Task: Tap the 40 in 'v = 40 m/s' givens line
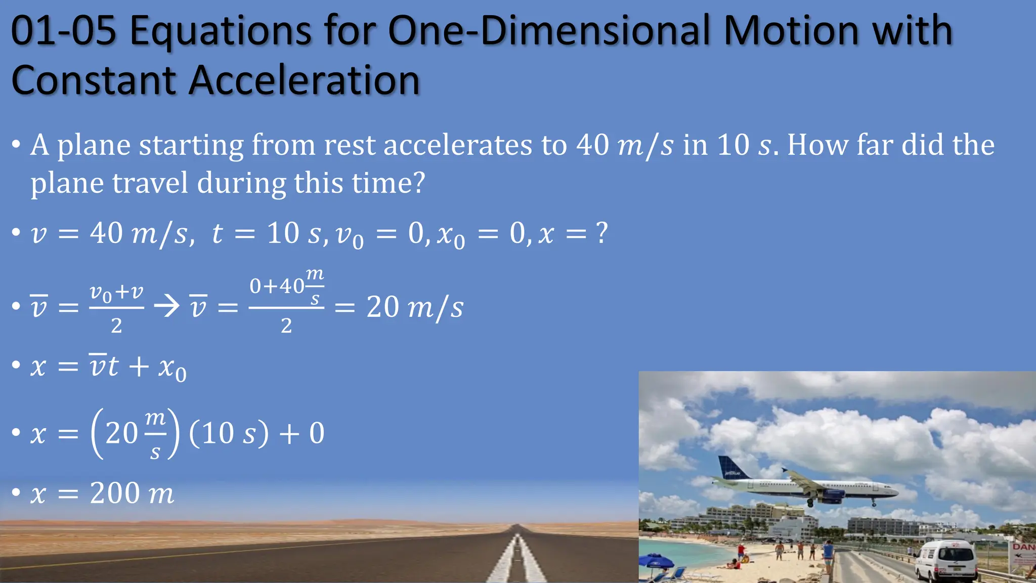pos(106,233)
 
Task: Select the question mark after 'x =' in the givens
pos(601,233)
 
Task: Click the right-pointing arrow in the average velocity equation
pos(166,306)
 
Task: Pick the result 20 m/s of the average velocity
pos(414,307)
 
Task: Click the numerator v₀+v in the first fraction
pos(116,293)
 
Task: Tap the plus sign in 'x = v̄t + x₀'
pos(139,366)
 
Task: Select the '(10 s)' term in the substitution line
pos(229,433)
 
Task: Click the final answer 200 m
pos(132,493)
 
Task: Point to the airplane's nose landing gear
pos(874,503)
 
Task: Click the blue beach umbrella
pos(656,561)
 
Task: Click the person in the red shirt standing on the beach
pos(741,551)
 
